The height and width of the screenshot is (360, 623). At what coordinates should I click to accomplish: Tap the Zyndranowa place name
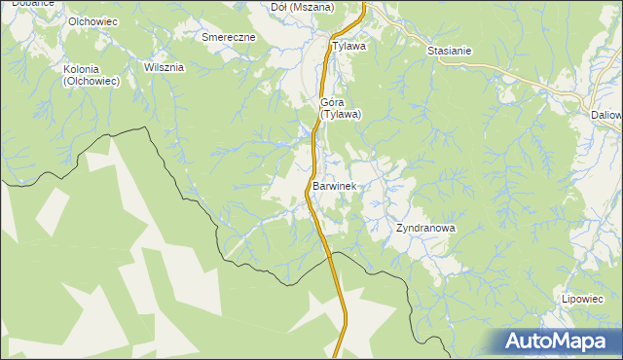coord(425,229)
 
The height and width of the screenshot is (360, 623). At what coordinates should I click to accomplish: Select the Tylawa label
coord(348,46)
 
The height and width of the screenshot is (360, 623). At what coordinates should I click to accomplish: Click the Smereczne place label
coord(228,37)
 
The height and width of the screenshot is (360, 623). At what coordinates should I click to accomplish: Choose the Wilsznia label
coord(164,68)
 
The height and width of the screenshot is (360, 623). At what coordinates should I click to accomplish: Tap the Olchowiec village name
coord(93,21)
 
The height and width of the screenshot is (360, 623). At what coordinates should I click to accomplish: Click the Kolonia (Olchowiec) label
coord(91,76)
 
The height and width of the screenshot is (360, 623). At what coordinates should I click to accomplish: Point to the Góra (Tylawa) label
coord(341,108)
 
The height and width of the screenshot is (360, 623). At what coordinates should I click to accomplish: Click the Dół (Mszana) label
coord(302,7)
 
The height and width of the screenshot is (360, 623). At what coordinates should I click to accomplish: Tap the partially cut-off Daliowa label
coord(606,114)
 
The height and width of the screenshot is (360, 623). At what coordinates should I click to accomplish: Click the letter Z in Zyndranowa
coord(399,229)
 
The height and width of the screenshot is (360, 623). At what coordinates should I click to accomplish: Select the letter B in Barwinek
coord(316,185)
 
